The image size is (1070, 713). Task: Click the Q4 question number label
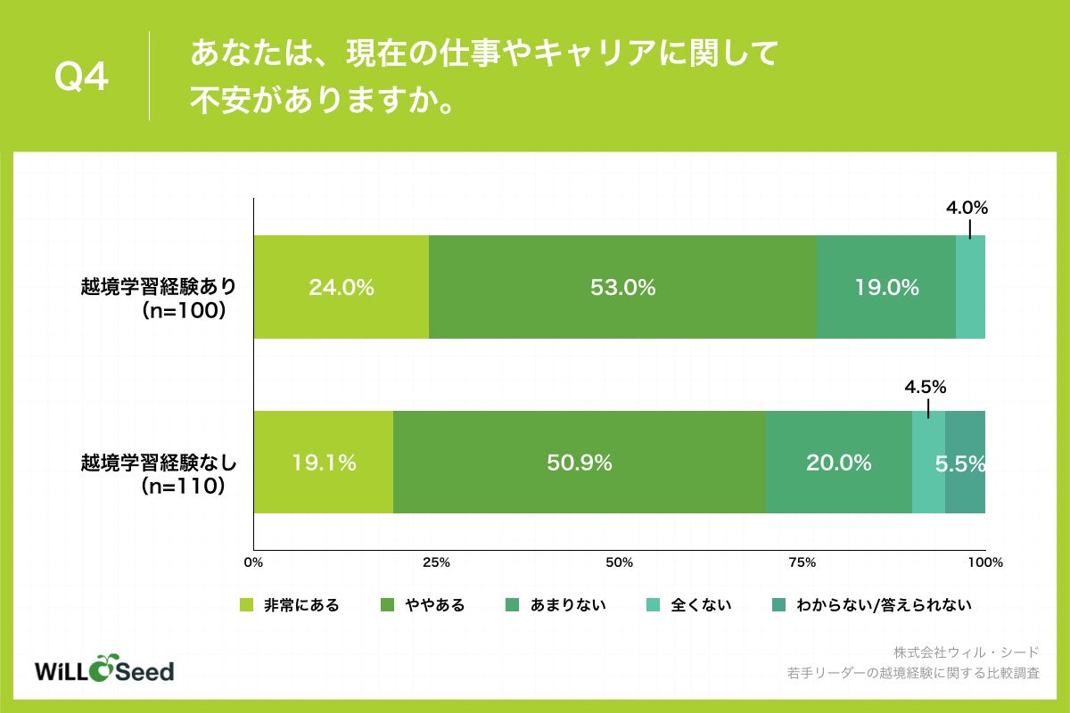pos(81,78)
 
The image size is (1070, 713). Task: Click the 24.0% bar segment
pos(341,287)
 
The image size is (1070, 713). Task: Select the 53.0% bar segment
pos(622,287)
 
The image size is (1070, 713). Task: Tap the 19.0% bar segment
pos(885,287)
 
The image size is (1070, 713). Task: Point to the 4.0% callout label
pos(967,209)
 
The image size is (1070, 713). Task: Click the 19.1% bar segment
pos(323,463)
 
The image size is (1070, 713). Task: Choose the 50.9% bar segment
pos(579,463)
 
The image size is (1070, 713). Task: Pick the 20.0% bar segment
pos(838,463)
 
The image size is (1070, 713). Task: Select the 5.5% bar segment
pos(965,463)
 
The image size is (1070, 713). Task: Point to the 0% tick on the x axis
pos(254,562)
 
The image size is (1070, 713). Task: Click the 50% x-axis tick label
pos(619,562)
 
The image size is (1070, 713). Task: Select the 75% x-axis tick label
pos(802,562)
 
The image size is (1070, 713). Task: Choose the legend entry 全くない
pos(700,605)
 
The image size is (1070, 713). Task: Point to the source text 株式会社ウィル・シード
pos(966,652)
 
